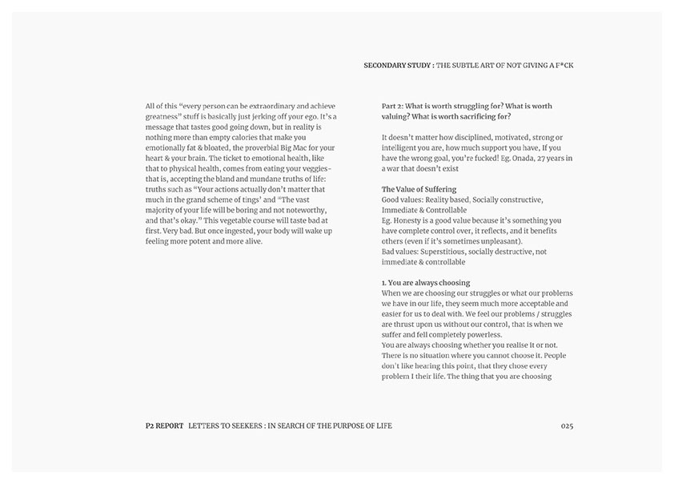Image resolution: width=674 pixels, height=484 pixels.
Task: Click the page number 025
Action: [x=567, y=426]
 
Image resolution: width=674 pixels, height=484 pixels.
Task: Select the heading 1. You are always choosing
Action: [x=426, y=283]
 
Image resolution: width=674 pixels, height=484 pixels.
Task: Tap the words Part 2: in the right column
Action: [x=392, y=106]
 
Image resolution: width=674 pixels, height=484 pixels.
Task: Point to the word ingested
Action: [x=251, y=231]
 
